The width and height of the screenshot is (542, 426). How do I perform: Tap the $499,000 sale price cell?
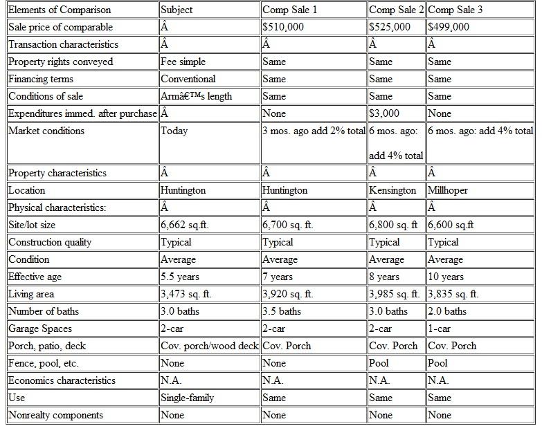449,27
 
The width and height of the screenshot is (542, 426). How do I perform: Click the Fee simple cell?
183,62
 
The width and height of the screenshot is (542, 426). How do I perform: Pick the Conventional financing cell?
188,79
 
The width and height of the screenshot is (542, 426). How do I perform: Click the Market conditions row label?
46,131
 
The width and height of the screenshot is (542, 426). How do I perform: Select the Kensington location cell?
392,190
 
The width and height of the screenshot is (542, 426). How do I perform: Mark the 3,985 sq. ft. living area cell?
395,294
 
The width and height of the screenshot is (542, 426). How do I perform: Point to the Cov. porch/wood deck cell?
210,346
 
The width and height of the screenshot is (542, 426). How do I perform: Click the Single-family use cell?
187,398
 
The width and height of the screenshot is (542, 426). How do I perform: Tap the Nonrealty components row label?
55,415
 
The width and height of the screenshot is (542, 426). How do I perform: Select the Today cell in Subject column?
174,131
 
